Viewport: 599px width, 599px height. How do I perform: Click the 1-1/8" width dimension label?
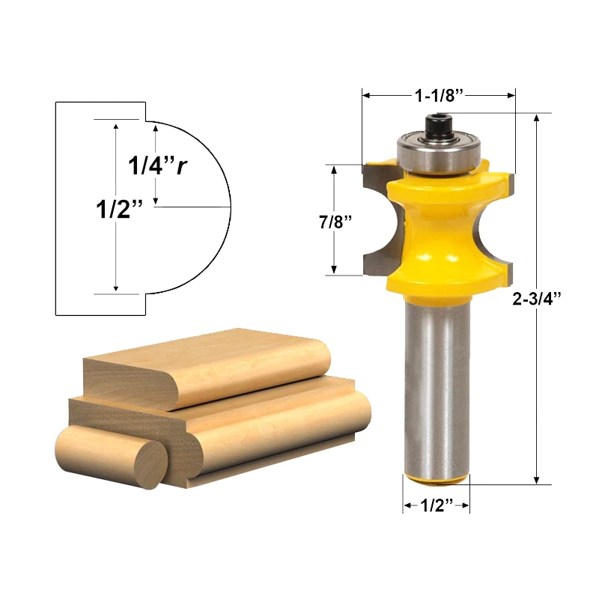[440, 95]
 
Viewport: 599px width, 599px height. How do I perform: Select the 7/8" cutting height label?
[334, 222]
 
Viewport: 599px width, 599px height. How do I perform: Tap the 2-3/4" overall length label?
[537, 297]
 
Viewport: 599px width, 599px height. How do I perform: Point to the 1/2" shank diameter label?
[437, 506]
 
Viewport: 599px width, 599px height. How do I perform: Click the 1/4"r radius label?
[156, 165]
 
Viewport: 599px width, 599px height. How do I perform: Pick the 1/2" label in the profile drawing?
[119, 209]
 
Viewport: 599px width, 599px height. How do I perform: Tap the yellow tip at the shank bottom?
[437, 479]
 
